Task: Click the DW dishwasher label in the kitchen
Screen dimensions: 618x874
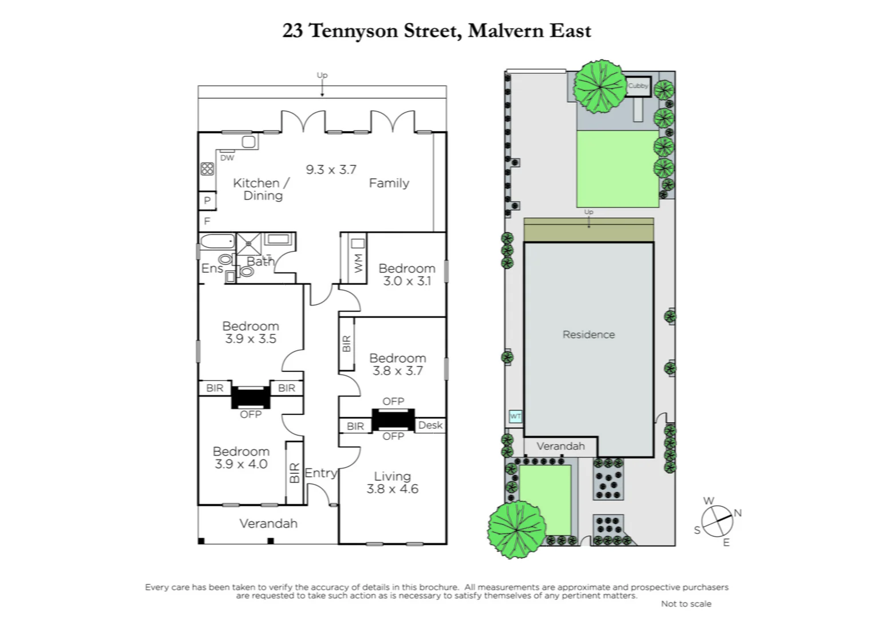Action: point(227,158)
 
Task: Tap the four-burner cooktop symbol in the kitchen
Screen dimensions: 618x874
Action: point(207,169)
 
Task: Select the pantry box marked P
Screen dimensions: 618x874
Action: point(207,200)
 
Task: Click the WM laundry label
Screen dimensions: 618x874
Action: point(358,262)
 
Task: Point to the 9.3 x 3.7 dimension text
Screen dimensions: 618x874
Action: point(331,169)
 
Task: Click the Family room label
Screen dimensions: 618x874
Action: point(389,183)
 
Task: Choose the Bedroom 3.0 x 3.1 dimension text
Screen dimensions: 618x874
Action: point(406,281)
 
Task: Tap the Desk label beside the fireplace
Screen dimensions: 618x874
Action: point(430,425)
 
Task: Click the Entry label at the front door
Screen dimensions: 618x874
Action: point(321,473)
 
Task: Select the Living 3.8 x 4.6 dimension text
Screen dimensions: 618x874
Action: point(392,489)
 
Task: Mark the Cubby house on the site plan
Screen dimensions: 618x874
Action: point(638,86)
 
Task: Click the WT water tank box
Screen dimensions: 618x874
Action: point(515,417)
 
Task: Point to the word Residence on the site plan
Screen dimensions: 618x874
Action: point(588,335)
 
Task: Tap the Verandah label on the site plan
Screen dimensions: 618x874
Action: point(560,446)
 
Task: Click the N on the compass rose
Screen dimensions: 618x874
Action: point(738,513)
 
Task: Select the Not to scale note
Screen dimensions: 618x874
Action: point(686,604)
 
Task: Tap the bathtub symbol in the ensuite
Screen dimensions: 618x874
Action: point(216,242)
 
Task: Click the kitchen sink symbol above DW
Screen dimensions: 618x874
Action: point(248,141)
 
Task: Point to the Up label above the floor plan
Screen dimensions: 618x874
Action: point(322,75)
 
